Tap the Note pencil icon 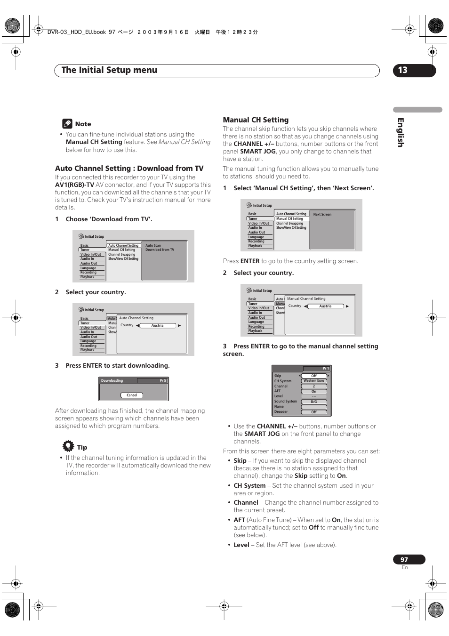click(x=67, y=124)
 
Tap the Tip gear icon click(x=69, y=446)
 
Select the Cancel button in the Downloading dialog click(x=132, y=395)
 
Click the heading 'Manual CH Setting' click(x=256, y=120)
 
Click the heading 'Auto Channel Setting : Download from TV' click(x=129, y=169)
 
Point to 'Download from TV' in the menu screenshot click(x=160, y=250)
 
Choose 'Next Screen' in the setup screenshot click(x=322, y=214)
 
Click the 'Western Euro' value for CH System click(x=314, y=381)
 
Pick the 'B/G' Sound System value click(x=314, y=402)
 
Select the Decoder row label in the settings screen click(x=281, y=412)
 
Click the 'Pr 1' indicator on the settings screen click(x=326, y=368)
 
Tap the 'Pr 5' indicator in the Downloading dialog click(x=162, y=380)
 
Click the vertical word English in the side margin click(x=401, y=132)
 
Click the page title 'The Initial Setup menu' click(x=109, y=70)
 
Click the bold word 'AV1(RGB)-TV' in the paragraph click(x=74, y=185)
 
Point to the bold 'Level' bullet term click(x=241, y=545)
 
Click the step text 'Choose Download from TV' click(x=109, y=219)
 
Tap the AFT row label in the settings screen click(x=278, y=391)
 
